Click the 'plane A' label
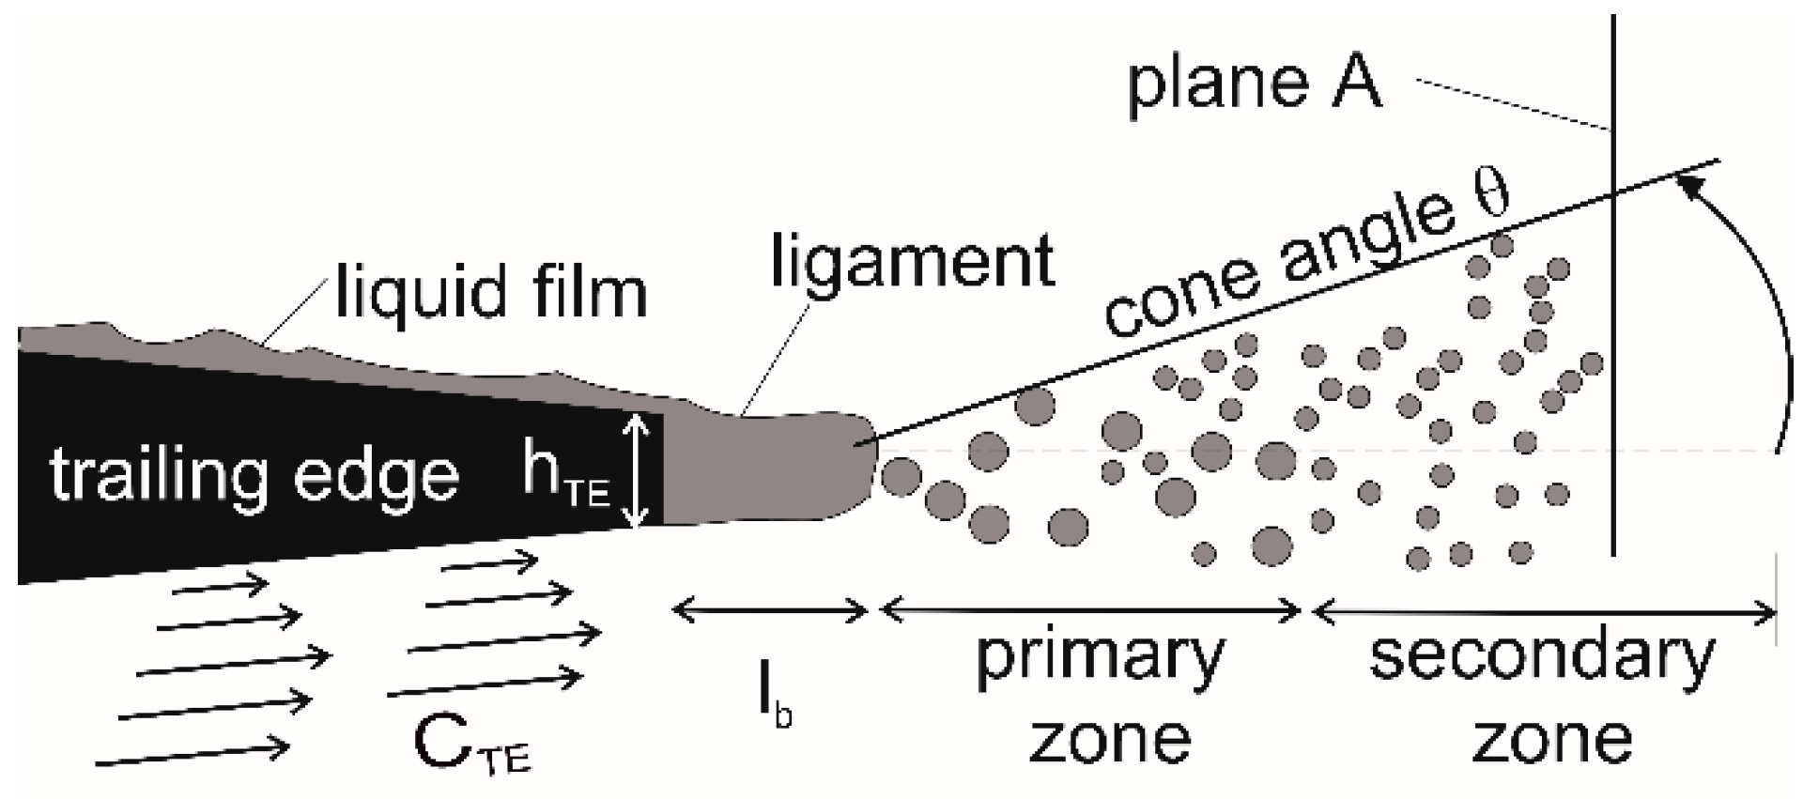pos(1255,84)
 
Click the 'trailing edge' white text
pos(254,475)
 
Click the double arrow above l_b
pos(771,611)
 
